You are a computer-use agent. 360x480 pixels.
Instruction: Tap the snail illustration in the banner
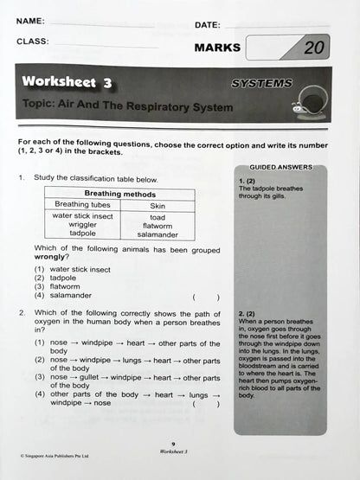pos(309,103)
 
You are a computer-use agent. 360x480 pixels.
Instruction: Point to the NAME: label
pos(30,20)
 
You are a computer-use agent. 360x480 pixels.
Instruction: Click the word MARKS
pos(217,48)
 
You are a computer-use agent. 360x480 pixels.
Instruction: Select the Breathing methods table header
pos(119,195)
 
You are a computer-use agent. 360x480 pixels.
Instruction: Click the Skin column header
pos(157,206)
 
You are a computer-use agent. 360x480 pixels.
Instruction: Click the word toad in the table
pos(157,217)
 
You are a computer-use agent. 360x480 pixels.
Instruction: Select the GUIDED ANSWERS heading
pos(280,167)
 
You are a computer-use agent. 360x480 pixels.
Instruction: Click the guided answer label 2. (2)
pos(246,313)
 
